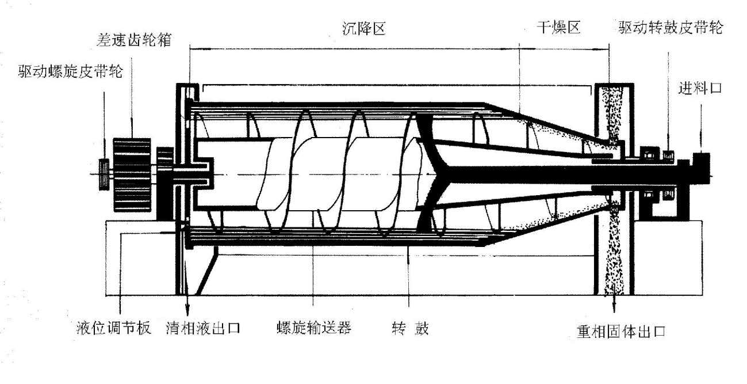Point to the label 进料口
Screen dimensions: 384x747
702,89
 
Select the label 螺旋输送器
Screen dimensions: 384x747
313,329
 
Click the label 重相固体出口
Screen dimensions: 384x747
621,332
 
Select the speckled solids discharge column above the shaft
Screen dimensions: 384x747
609,112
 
